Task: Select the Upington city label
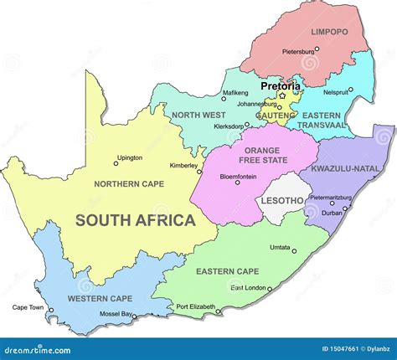point(129,157)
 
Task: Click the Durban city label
point(332,213)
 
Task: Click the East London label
point(249,288)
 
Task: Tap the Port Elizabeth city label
point(195,306)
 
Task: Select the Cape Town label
point(28,307)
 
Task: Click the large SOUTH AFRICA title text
point(135,221)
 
